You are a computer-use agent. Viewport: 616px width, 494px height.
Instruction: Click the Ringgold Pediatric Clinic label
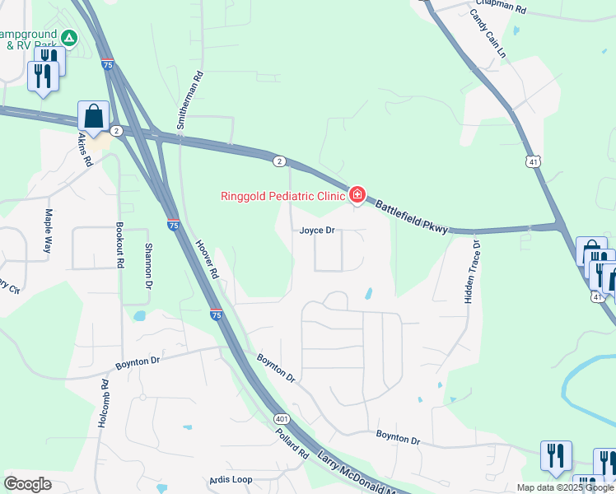pos(282,196)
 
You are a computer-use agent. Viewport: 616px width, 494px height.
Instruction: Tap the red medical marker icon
pos(357,195)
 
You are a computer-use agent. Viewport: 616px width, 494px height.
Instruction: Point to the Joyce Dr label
pos(317,231)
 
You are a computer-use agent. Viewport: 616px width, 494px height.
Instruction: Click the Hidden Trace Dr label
pos(471,273)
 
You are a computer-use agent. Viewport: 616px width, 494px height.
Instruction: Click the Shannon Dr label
pos(148,262)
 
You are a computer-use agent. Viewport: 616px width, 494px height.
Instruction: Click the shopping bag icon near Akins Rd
pos(93,117)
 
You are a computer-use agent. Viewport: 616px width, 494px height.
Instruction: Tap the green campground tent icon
pos(70,37)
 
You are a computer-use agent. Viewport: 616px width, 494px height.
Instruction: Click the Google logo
pos(27,484)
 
